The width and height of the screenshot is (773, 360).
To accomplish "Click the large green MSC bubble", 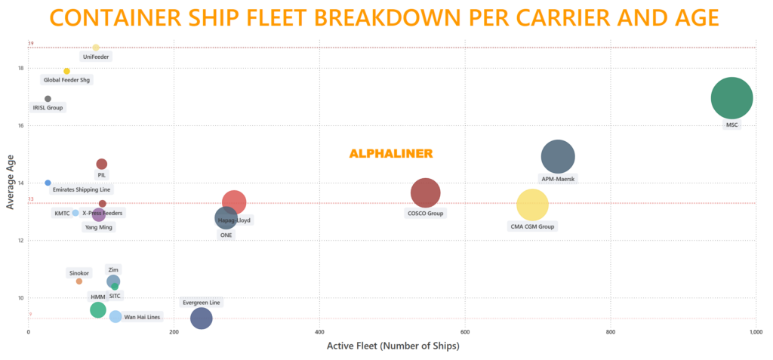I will click(x=731, y=98).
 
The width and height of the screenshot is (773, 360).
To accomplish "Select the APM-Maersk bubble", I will click(x=558, y=157).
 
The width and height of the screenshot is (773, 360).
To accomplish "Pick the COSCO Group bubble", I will click(x=425, y=192).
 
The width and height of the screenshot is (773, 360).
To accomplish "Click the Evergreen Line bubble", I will click(x=201, y=318).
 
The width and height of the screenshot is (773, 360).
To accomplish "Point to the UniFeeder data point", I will click(x=96, y=48).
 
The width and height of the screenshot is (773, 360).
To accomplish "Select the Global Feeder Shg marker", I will click(x=66, y=71).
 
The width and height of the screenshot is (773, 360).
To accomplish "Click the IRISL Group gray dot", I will click(x=48, y=99).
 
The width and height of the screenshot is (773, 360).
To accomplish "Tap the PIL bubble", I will click(x=102, y=164).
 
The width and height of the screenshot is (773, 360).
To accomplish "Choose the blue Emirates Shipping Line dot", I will click(x=48, y=183).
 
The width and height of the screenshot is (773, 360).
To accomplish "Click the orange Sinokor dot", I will click(x=79, y=282).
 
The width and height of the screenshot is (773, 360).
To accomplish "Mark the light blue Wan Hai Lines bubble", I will click(x=115, y=317).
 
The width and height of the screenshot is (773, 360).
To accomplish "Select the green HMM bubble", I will click(x=97, y=309).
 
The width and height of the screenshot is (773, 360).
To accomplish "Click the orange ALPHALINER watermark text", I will click(x=390, y=154).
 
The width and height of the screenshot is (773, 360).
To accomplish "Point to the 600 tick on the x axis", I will click(x=465, y=332).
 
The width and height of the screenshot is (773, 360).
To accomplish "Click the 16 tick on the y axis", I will click(x=21, y=125).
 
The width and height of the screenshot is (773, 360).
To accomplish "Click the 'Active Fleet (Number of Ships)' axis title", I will click(x=393, y=346).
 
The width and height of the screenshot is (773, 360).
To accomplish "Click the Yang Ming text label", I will click(x=100, y=227).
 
